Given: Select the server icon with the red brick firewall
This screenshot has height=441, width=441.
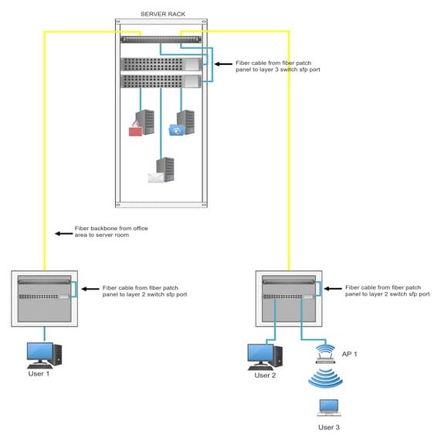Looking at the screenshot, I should pos(141,122).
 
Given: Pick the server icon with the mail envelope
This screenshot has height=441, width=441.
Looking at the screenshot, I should pos(162,170).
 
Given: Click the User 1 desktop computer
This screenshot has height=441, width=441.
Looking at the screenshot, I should pos(43,354).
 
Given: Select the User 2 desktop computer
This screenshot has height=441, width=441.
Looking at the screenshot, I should pos(265,356).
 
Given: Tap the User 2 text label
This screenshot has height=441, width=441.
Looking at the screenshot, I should pos(265,375).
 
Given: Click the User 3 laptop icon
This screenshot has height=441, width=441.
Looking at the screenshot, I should pos(327,407).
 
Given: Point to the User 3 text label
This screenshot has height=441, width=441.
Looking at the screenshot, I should pos(328,426).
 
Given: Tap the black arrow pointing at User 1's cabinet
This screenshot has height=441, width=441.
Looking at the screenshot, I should pos(88,290).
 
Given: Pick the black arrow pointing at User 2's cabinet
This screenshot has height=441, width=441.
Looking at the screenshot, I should pos(331,289).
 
